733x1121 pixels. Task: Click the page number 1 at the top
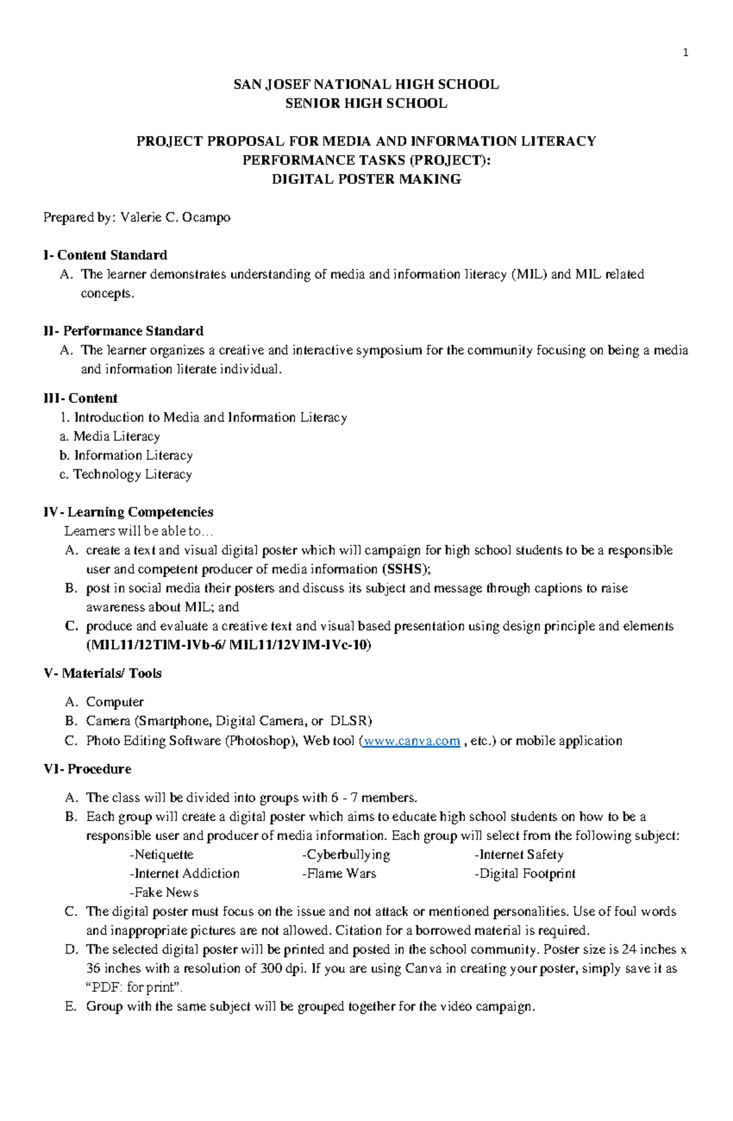(685, 53)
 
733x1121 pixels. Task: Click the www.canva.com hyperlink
(411, 741)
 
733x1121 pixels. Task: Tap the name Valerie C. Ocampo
(175, 217)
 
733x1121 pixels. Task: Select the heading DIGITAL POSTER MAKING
(366, 180)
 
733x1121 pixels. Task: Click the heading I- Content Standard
(105, 255)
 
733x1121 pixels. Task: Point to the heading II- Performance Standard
(123, 331)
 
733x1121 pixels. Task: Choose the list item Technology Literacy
(132, 475)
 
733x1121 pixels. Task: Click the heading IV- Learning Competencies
(128, 513)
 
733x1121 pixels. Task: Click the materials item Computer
(114, 703)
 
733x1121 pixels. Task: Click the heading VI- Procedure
(87, 769)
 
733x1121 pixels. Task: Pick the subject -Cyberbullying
(346, 855)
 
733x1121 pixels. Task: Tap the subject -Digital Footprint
(525, 874)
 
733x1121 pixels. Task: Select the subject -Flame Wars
(339, 874)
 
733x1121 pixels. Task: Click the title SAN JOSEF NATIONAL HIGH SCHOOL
(366, 85)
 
